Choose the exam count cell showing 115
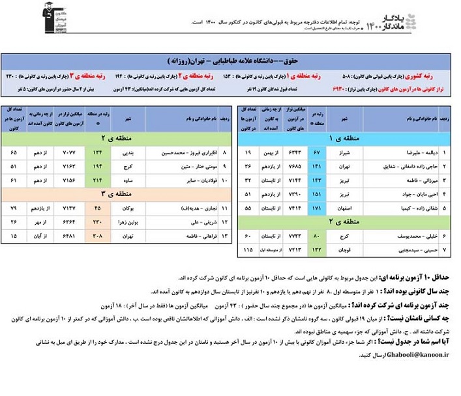(247, 249)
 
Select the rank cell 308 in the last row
(98, 236)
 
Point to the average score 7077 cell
(68, 152)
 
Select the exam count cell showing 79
(14, 208)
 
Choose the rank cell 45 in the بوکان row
(98, 208)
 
